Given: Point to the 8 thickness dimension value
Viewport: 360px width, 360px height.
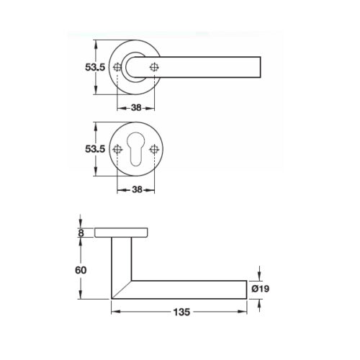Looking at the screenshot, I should (81, 233).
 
